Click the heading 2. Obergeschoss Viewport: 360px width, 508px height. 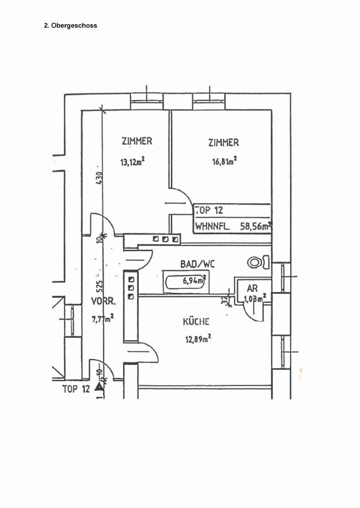70,25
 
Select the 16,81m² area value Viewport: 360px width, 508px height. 224,161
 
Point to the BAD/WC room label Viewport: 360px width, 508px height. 197,264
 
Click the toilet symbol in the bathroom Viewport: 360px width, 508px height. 255,262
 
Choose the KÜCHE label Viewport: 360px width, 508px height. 196,322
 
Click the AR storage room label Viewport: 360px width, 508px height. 253,289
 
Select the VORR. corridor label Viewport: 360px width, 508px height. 103,301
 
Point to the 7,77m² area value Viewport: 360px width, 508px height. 103,319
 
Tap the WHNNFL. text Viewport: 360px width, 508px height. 213,226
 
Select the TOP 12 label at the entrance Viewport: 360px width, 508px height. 76,389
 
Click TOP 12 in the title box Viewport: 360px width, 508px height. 209,210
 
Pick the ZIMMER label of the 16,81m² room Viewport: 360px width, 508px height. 224,143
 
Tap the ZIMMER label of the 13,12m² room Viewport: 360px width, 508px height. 136,141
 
